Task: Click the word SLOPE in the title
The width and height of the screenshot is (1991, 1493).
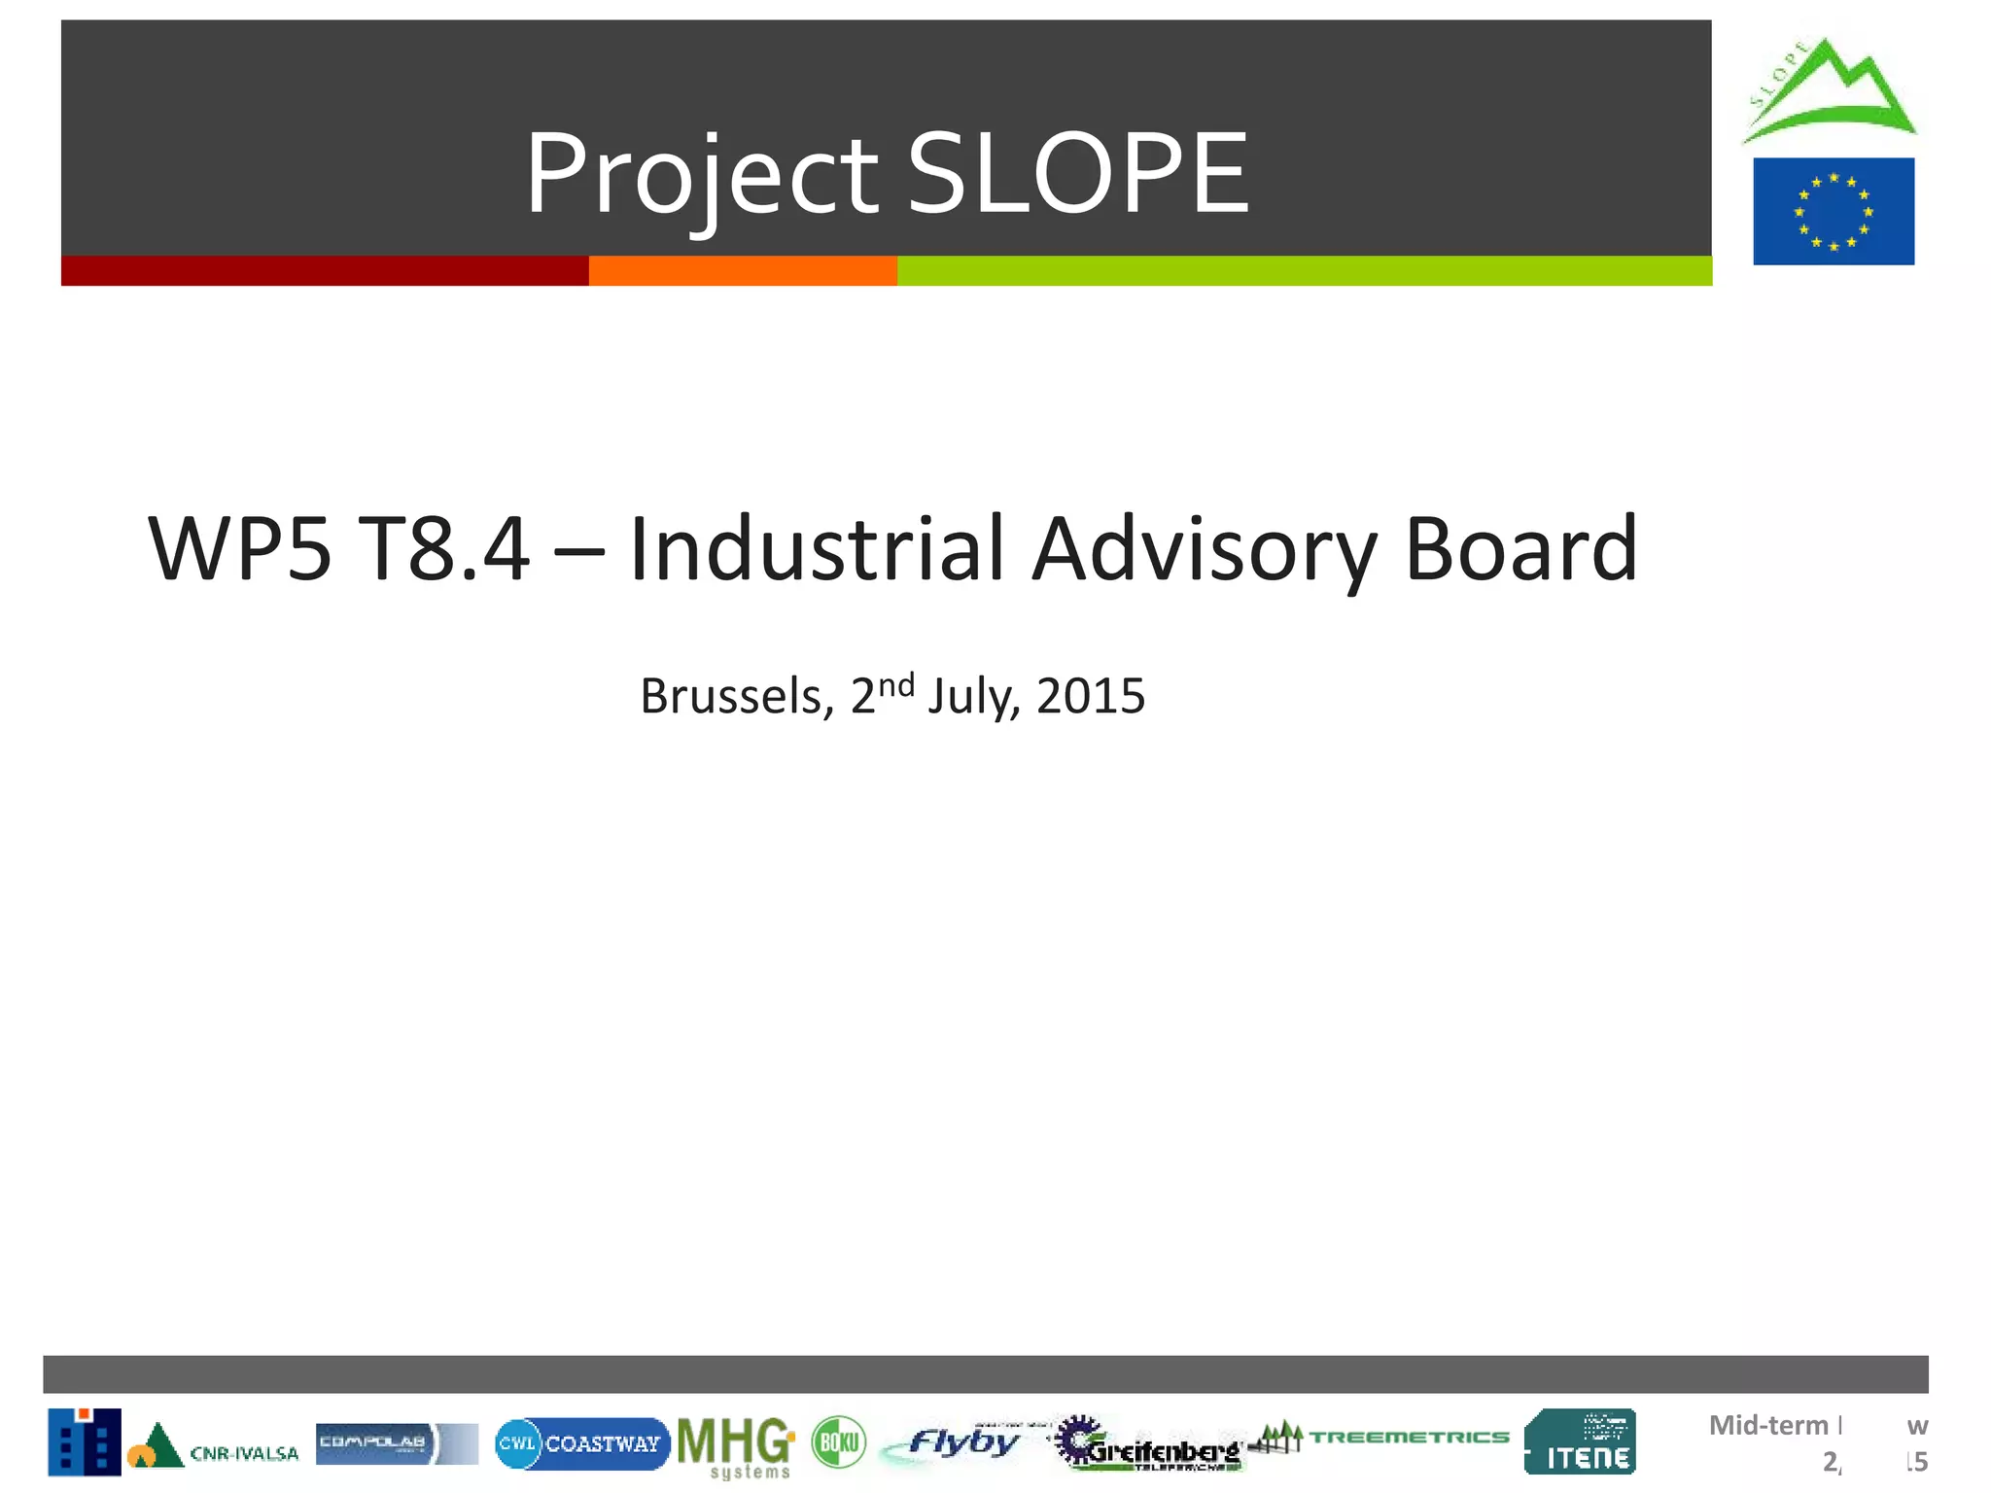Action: (1077, 175)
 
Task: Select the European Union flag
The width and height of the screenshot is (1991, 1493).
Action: (1834, 211)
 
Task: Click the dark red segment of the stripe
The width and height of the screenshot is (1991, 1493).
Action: (325, 271)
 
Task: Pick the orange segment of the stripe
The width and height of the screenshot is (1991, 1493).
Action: (743, 271)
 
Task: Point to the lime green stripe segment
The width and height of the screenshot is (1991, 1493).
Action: (1303, 271)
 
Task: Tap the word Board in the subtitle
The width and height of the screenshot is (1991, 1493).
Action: (1521, 549)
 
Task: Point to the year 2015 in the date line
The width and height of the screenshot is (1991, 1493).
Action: (1091, 696)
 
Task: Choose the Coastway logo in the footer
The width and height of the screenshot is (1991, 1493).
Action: (582, 1443)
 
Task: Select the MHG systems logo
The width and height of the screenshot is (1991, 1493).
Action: (736, 1445)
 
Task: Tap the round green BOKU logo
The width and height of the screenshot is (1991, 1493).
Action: (838, 1441)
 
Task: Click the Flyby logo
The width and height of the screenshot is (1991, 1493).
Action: (958, 1442)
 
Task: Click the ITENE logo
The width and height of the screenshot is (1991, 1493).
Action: (1580, 1442)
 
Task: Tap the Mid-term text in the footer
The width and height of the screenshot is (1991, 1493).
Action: (1768, 1426)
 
